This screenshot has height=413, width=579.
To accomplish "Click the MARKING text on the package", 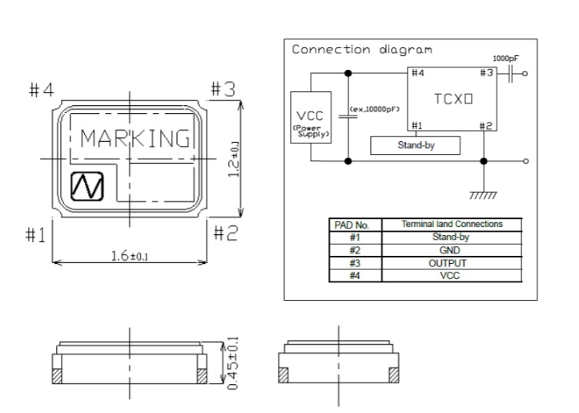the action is (x=135, y=138).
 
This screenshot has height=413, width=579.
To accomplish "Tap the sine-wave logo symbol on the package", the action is (x=87, y=186).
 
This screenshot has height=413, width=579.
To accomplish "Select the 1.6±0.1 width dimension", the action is (x=130, y=256).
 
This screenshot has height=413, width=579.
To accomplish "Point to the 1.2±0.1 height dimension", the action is (x=234, y=159).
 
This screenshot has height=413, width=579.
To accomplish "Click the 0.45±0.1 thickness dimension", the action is (x=233, y=363).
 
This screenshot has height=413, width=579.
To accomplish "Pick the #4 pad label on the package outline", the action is (x=42, y=90).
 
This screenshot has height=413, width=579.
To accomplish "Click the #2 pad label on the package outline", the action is (x=227, y=233).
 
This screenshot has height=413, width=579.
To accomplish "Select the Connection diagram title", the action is (x=362, y=50).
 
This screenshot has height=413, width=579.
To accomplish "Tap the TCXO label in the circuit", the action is (x=453, y=99).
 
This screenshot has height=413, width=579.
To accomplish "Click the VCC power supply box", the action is (x=311, y=117).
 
